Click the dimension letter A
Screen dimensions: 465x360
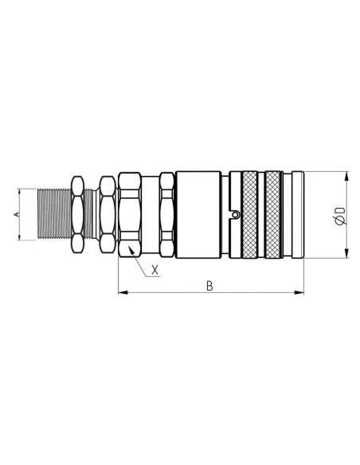click(x=16, y=215)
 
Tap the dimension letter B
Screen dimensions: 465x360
click(x=209, y=286)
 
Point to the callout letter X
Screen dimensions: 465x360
click(x=155, y=270)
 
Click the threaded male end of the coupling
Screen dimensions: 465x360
click(x=54, y=214)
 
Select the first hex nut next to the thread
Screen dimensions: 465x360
click(x=78, y=214)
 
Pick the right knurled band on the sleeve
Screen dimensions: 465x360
click(x=276, y=214)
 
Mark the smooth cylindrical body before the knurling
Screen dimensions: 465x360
click(x=199, y=214)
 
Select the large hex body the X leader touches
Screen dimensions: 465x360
click(x=130, y=214)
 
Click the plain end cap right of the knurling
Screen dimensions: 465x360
click(x=295, y=214)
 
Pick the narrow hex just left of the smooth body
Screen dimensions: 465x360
click(x=166, y=214)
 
